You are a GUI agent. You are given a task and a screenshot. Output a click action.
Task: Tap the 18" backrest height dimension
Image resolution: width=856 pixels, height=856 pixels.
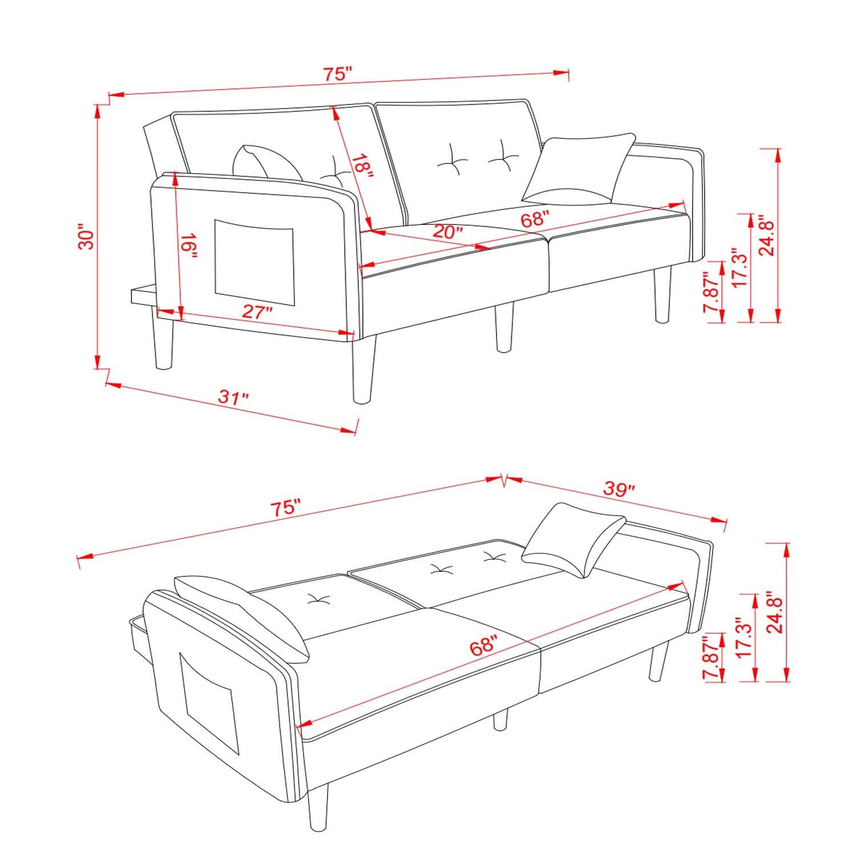pos(361,166)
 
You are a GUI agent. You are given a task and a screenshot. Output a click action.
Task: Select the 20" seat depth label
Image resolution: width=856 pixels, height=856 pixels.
pos(447,232)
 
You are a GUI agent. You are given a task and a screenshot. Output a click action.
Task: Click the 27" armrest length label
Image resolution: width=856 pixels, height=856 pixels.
pos(257,313)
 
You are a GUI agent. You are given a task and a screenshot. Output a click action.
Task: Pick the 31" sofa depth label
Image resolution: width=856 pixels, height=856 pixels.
pos(233,397)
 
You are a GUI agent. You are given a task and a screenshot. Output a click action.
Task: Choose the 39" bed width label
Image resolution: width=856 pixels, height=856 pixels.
pos(619,489)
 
